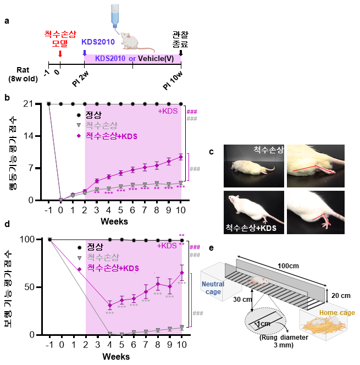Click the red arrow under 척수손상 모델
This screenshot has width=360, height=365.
(60, 53)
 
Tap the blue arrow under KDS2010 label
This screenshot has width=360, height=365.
(84, 53)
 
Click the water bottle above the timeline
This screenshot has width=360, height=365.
(114, 14)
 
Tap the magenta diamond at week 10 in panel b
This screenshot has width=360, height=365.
(181, 157)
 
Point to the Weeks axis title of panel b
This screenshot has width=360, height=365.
(115, 221)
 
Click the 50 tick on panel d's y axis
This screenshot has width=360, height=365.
(38, 287)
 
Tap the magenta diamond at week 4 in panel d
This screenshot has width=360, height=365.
(109, 305)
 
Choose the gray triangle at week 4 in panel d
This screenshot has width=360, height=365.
(109, 334)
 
